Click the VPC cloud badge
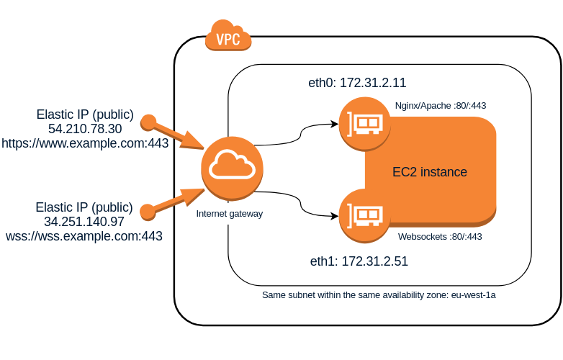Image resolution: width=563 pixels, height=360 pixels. (x=228, y=37)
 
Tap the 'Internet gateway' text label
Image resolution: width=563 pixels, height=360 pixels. (x=230, y=213)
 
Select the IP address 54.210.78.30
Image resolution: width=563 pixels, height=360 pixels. (x=85, y=129)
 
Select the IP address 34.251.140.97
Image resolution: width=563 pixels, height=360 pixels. (x=84, y=222)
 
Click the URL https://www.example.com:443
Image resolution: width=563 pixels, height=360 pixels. (x=85, y=143)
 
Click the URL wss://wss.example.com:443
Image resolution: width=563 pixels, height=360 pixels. (x=84, y=236)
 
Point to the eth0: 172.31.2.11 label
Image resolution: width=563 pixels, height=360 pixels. (x=357, y=83)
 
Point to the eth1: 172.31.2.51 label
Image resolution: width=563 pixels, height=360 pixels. (x=359, y=261)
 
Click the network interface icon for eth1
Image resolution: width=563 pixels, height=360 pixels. (x=364, y=215)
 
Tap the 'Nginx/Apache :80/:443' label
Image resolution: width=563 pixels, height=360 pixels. (x=441, y=105)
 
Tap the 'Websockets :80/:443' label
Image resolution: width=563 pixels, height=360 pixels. (x=440, y=236)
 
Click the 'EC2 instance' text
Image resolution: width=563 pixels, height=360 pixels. (x=430, y=172)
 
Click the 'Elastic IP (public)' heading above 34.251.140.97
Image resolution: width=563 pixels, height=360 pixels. (x=84, y=207)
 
